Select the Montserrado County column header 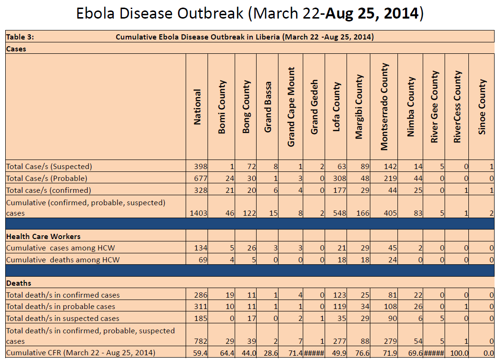385,107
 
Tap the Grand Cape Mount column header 291,107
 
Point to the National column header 197,107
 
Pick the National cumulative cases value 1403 198,213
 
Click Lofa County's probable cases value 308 337,178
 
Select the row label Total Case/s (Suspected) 49,167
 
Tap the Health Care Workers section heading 43,236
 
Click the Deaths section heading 19,283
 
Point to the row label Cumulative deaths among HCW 63,260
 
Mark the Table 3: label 20,37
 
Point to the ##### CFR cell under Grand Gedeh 314,353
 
